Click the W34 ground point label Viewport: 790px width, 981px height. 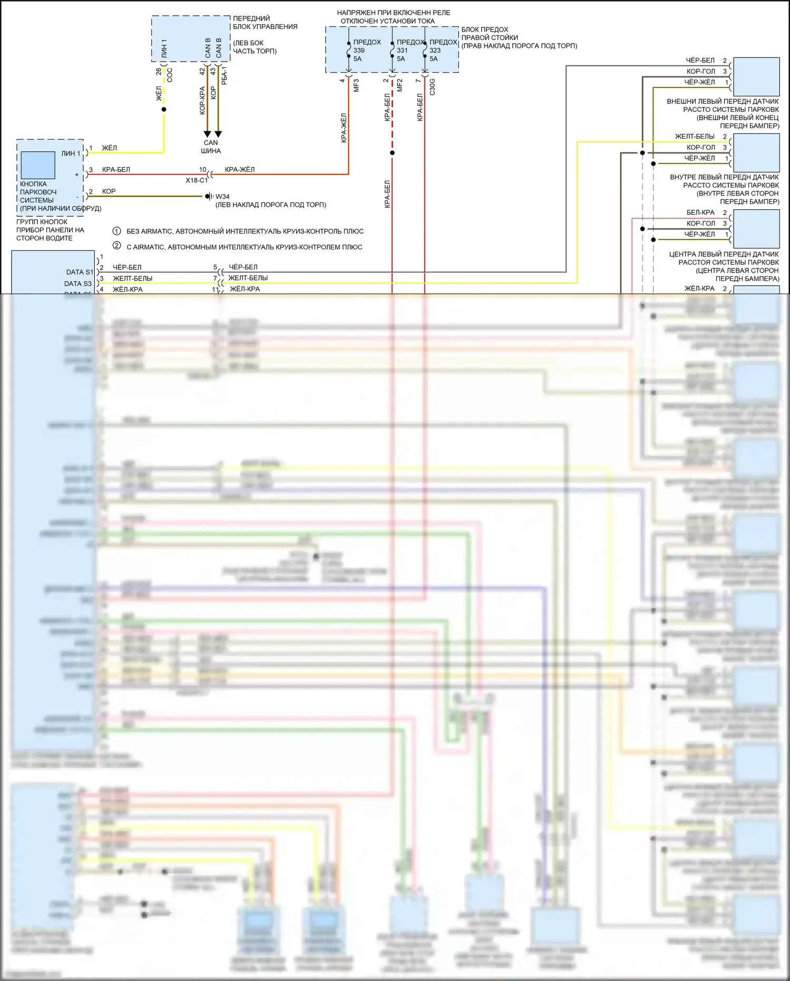pos(222,197)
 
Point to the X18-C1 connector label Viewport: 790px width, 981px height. pos(196,180)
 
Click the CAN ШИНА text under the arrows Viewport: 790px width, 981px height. pos(211,147)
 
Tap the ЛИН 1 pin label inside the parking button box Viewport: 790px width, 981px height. pos(71,153)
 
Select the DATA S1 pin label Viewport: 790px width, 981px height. pos(80,272)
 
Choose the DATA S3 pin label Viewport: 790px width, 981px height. pos(78,284)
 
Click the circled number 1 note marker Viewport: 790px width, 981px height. pos(117,231)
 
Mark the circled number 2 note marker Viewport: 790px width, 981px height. pos(117,246)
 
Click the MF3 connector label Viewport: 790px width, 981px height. pos(356,85)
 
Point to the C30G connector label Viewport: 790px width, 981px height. pos(432,86)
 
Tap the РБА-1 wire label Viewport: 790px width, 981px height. pos(225,76)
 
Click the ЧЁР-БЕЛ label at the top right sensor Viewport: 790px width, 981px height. pos(700,61)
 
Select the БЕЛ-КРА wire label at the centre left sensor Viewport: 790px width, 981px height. pos(700,212)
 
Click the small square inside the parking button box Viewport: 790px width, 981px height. pos(38,165)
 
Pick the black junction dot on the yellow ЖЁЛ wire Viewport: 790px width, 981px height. pos(164,110)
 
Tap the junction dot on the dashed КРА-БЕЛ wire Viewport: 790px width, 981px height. pos(392,153)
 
